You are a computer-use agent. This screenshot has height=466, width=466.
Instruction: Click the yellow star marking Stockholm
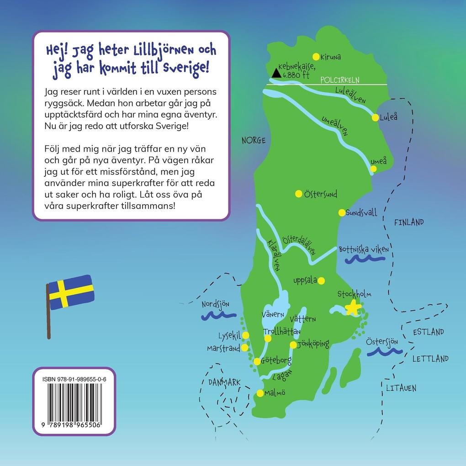pos(353,308)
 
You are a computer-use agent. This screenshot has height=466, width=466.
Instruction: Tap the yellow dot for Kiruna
pos(315,57)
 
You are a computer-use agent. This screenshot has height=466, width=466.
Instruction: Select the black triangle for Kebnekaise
pos(275,72)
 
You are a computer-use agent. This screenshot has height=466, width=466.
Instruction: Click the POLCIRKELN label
pos(340,80)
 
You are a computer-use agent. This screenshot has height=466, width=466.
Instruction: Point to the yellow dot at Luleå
pos(375,117)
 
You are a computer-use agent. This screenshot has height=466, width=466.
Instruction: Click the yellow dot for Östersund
pos(298,193)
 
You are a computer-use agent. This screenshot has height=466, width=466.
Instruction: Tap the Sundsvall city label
pos(361,213)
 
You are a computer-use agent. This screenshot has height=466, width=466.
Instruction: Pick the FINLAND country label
pos(409,222)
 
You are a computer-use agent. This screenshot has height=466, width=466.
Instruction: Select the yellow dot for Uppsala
pos(321,281)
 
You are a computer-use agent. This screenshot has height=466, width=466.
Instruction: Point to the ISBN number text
pos(73,379)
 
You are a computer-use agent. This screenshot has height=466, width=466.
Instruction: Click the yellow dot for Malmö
pos(260,393)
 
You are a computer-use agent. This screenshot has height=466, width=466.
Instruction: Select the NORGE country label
pos(254,140)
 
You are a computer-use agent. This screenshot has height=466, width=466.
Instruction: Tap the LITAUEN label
pos(401,388)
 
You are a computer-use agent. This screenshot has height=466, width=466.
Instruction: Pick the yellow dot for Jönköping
pos(293,345)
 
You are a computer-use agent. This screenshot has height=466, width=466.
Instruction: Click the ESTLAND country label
pos(428,332)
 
